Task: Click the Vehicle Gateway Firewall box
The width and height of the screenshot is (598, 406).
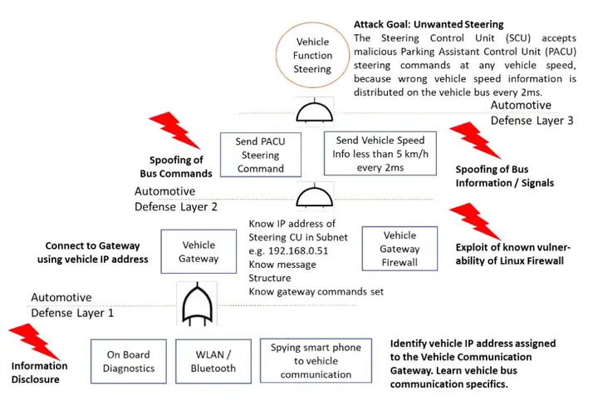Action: (399, 248)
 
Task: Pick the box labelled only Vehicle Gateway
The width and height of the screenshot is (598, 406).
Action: (199, 251)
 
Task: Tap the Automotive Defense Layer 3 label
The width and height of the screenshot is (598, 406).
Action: (532, 113)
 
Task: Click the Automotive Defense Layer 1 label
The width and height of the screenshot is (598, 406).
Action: (72, 304)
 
